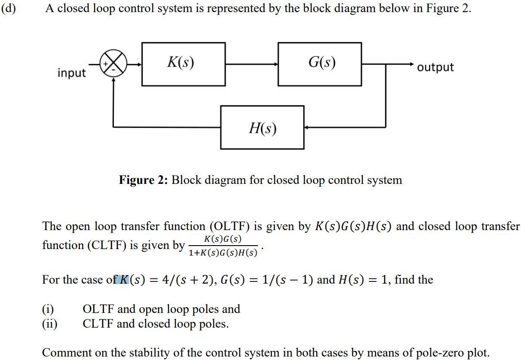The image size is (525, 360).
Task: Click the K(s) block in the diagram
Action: [x=183, y=64]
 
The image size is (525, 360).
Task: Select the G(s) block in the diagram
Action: [x=320, y=64]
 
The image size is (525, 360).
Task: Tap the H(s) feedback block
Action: [x=262, y=127]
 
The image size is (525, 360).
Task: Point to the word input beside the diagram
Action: [x=72, y=73]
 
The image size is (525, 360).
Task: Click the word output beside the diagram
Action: [x=436, y=67]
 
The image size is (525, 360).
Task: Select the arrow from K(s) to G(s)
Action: [x=251, y=64]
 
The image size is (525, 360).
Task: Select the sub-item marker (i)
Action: [x=48, y=309]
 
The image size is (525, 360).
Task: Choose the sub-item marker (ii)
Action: [x=50, y=324]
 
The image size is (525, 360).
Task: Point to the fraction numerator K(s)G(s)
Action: [x=223, y=239]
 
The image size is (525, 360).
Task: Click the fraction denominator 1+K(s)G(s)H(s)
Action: [x=223, y=253]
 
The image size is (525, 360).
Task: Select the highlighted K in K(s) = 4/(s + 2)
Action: [x=123, y=280]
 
